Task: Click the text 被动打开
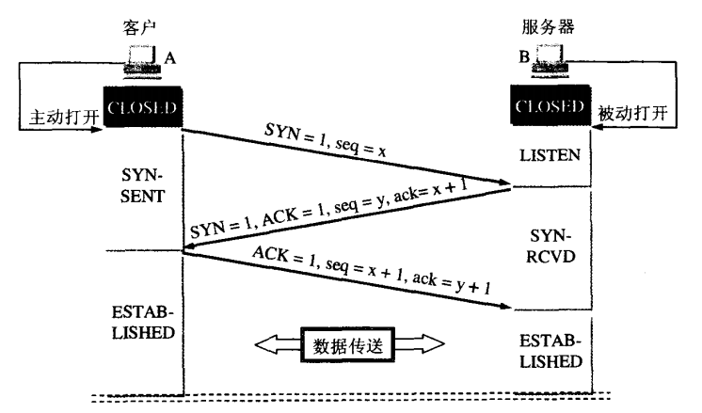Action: [x=634, y=113]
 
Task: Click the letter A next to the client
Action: [x=170, y=57]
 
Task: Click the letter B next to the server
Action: [x=523, y=57]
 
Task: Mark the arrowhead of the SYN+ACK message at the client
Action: [x=188, y=250]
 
